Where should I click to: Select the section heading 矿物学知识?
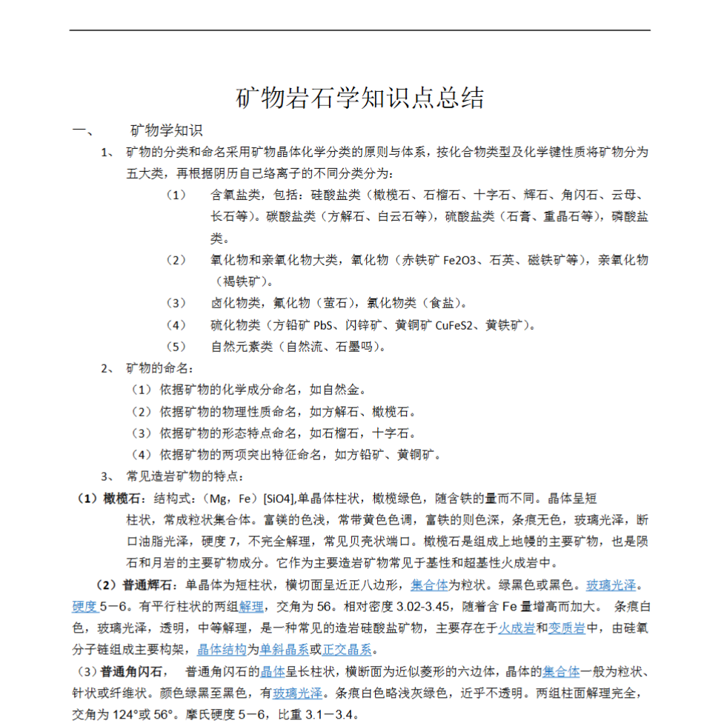(166, 131)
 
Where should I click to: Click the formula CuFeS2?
(457, 324)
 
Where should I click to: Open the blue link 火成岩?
(517, 628)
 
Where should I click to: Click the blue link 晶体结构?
(222, 650)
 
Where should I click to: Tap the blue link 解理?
(251, 607)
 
